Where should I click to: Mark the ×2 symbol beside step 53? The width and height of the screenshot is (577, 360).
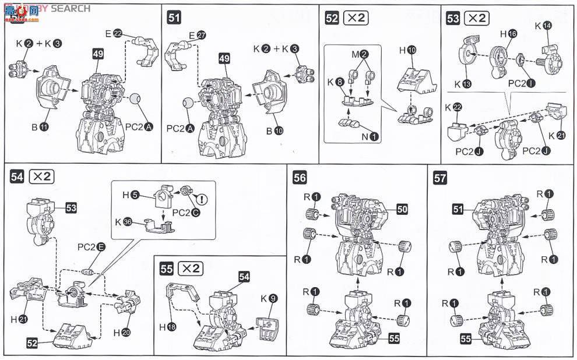pyautogui.click(x=477, y=18)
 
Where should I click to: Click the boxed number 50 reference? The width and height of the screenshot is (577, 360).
pyautogui.click(x=402, y=207)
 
